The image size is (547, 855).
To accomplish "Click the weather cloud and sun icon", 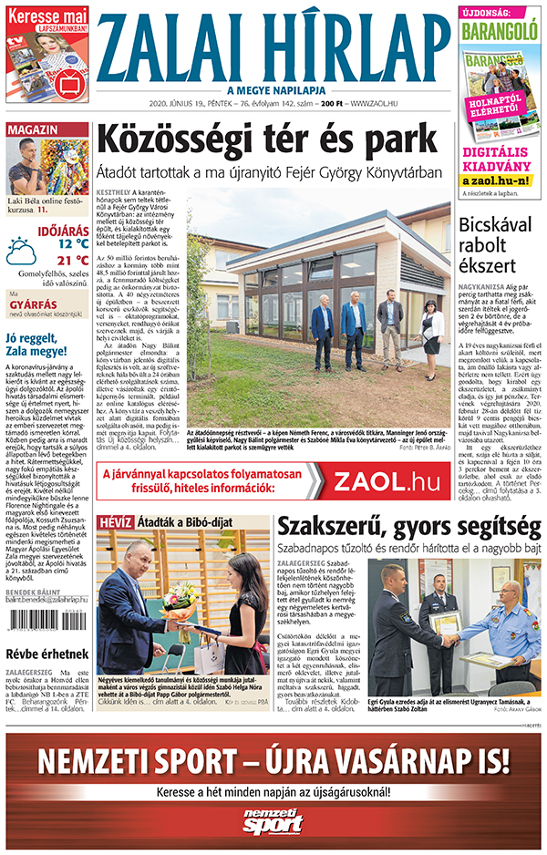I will click(x=21, y=251).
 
